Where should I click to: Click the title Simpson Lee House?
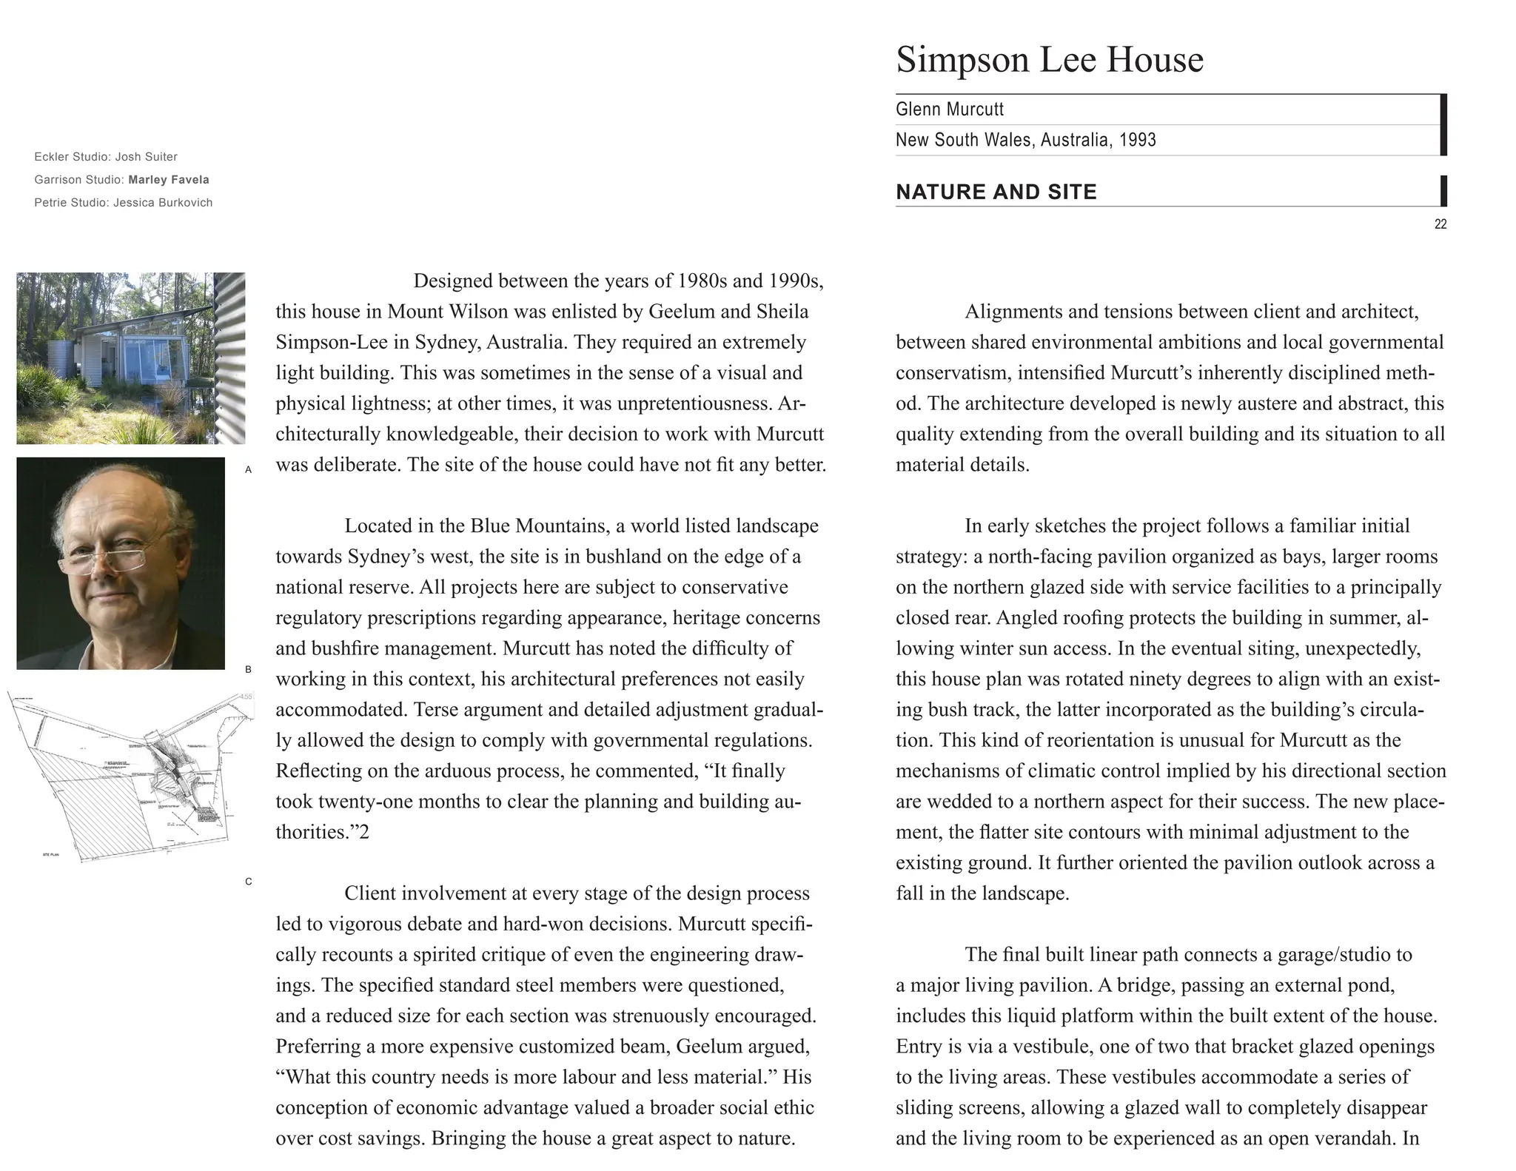(x=1049, y=59)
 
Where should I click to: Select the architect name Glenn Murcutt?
(x=949, y=110)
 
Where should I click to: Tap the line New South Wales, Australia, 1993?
(x=1025, y=140)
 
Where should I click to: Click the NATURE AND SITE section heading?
(x=996, y=192)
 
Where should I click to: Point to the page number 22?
(x=1440, y=224)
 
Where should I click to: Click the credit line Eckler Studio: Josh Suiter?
(x=106, y=157)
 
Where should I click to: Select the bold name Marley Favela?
(x=169, y=180)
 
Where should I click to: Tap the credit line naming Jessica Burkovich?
(x=123, y=203)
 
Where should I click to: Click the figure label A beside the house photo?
(x=249, y=469)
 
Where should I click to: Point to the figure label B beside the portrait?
(x=249, y=669)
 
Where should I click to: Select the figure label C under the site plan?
(x=249, y=881)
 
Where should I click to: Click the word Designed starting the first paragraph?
(x=452, y=281)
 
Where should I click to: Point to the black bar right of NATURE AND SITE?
(x=1443, y=191)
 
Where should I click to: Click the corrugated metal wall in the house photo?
(x=230, y=355)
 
